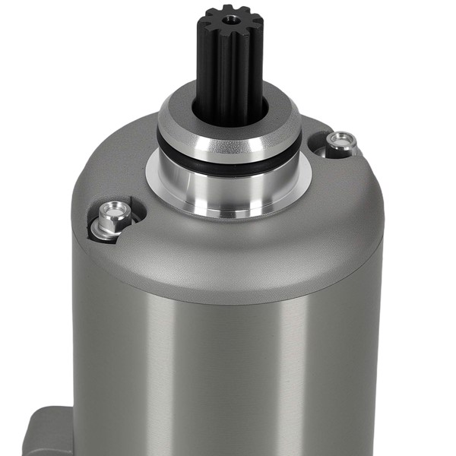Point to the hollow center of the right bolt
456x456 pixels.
point(342,138)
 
